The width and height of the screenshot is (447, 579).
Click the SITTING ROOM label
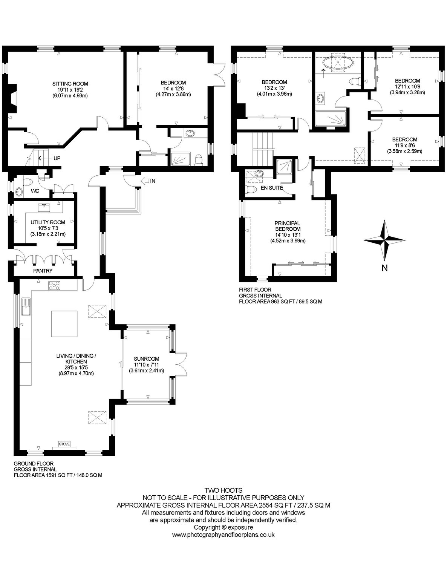(70, 84)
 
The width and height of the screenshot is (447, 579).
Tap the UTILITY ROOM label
(48, 222)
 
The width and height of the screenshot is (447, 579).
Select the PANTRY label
(43, 271)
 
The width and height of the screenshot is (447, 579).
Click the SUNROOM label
(147, 359)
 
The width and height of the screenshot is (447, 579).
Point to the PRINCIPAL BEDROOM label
(288, 226)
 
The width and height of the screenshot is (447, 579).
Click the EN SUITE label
(272, 188)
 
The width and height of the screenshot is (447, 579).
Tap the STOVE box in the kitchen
(64, 444)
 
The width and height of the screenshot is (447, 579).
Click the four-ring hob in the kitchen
(54, 285)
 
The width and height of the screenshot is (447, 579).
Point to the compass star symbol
(384, 240)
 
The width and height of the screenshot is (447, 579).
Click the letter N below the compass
(384, 268)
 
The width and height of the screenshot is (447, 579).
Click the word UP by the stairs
(57, 158)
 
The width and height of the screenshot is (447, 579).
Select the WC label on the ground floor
(35, 191)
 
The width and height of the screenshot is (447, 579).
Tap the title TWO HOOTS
(223, 490)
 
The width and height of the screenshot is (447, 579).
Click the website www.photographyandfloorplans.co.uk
(223, 535)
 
